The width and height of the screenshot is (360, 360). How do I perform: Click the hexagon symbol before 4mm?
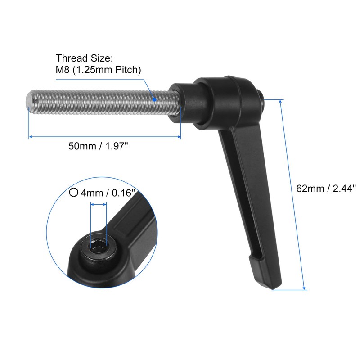[x=74, y=193]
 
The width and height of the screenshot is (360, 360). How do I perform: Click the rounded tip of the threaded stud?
[x=29, y=101]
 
